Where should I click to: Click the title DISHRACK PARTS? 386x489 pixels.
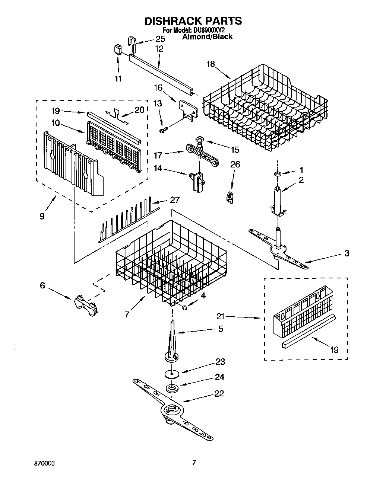193,21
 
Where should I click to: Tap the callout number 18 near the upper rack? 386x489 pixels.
211,64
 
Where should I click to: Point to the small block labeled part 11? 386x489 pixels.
118,49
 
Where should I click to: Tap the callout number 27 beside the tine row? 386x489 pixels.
174,200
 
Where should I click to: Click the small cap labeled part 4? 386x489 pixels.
184,307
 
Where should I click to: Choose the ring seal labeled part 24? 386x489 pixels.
173,389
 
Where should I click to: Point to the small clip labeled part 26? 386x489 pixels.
229,196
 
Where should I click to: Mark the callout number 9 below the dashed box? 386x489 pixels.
42,216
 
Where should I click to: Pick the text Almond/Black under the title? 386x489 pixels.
207,36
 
